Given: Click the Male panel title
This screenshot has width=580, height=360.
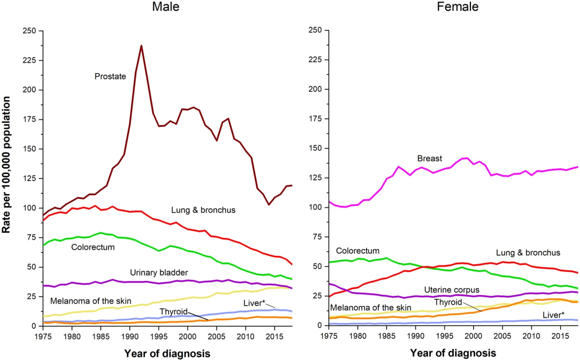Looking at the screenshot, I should (x=165, y=7).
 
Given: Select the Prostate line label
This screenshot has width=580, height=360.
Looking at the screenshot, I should (x=110, y=76).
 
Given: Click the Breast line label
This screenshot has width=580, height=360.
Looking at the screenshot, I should (x=430, y=159).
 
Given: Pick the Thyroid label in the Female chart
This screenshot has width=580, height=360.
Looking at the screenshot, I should (x=448, y=302).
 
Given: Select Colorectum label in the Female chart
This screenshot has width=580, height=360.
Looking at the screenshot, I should (x=358, y=251).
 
